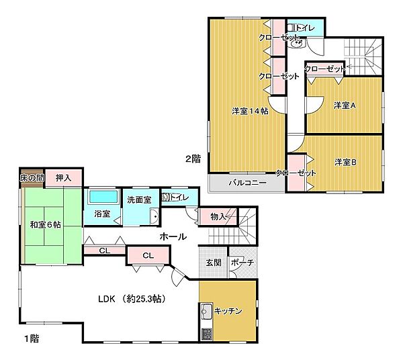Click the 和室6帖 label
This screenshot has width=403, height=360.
tap(46, 225)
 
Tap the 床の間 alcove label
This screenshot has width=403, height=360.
tap(32, 178)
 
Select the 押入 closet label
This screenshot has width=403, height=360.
tap(64, 178)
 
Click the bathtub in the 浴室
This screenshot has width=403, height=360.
tap(104, 197)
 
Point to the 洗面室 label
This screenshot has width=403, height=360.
tap(139, 200)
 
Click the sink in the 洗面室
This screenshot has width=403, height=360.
tap(154, 216)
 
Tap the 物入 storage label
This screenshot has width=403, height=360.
tap(218, 217)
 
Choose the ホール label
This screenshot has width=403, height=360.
tap(173, 236)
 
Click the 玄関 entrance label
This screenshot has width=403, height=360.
tap(214, 263)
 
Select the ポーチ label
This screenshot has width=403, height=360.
tap(242, 263)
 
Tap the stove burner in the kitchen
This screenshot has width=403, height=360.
tap(206, 334)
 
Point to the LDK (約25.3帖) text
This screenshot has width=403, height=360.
tap(132, 299)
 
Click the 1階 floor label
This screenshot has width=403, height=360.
tap(32, 339)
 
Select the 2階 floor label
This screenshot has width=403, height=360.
tap(193, 159)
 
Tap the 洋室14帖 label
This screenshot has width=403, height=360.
tap(250, 111)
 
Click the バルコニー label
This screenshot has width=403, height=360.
tap(247, 183)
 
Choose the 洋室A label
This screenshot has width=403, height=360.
tap(345, 105)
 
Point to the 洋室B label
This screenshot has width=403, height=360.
tap(345, 163)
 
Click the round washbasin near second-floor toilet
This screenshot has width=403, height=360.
tap(299, 43)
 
